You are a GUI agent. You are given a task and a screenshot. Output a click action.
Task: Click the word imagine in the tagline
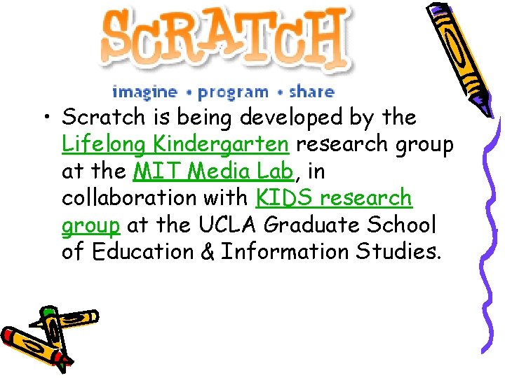pyautogui.click(x=144, y=92)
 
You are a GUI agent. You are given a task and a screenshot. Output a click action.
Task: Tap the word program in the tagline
pyautogui.click(x=233, y=92)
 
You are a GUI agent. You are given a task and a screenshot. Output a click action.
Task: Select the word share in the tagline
pyautogui.click(x=311, y=92)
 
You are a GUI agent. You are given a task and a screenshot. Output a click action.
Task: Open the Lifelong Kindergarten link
pyautogui.click(x=175, y=144)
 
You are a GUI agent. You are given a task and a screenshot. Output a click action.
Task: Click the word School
pyautogui.click(x=412, y=225)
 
